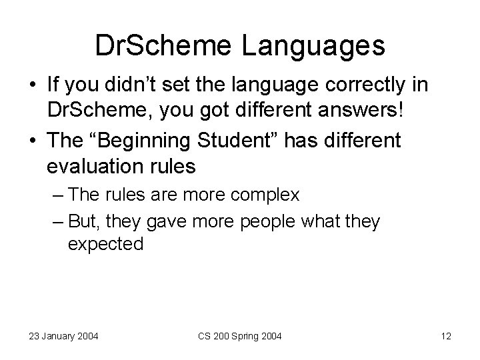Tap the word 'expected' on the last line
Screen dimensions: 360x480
(105, 244)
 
